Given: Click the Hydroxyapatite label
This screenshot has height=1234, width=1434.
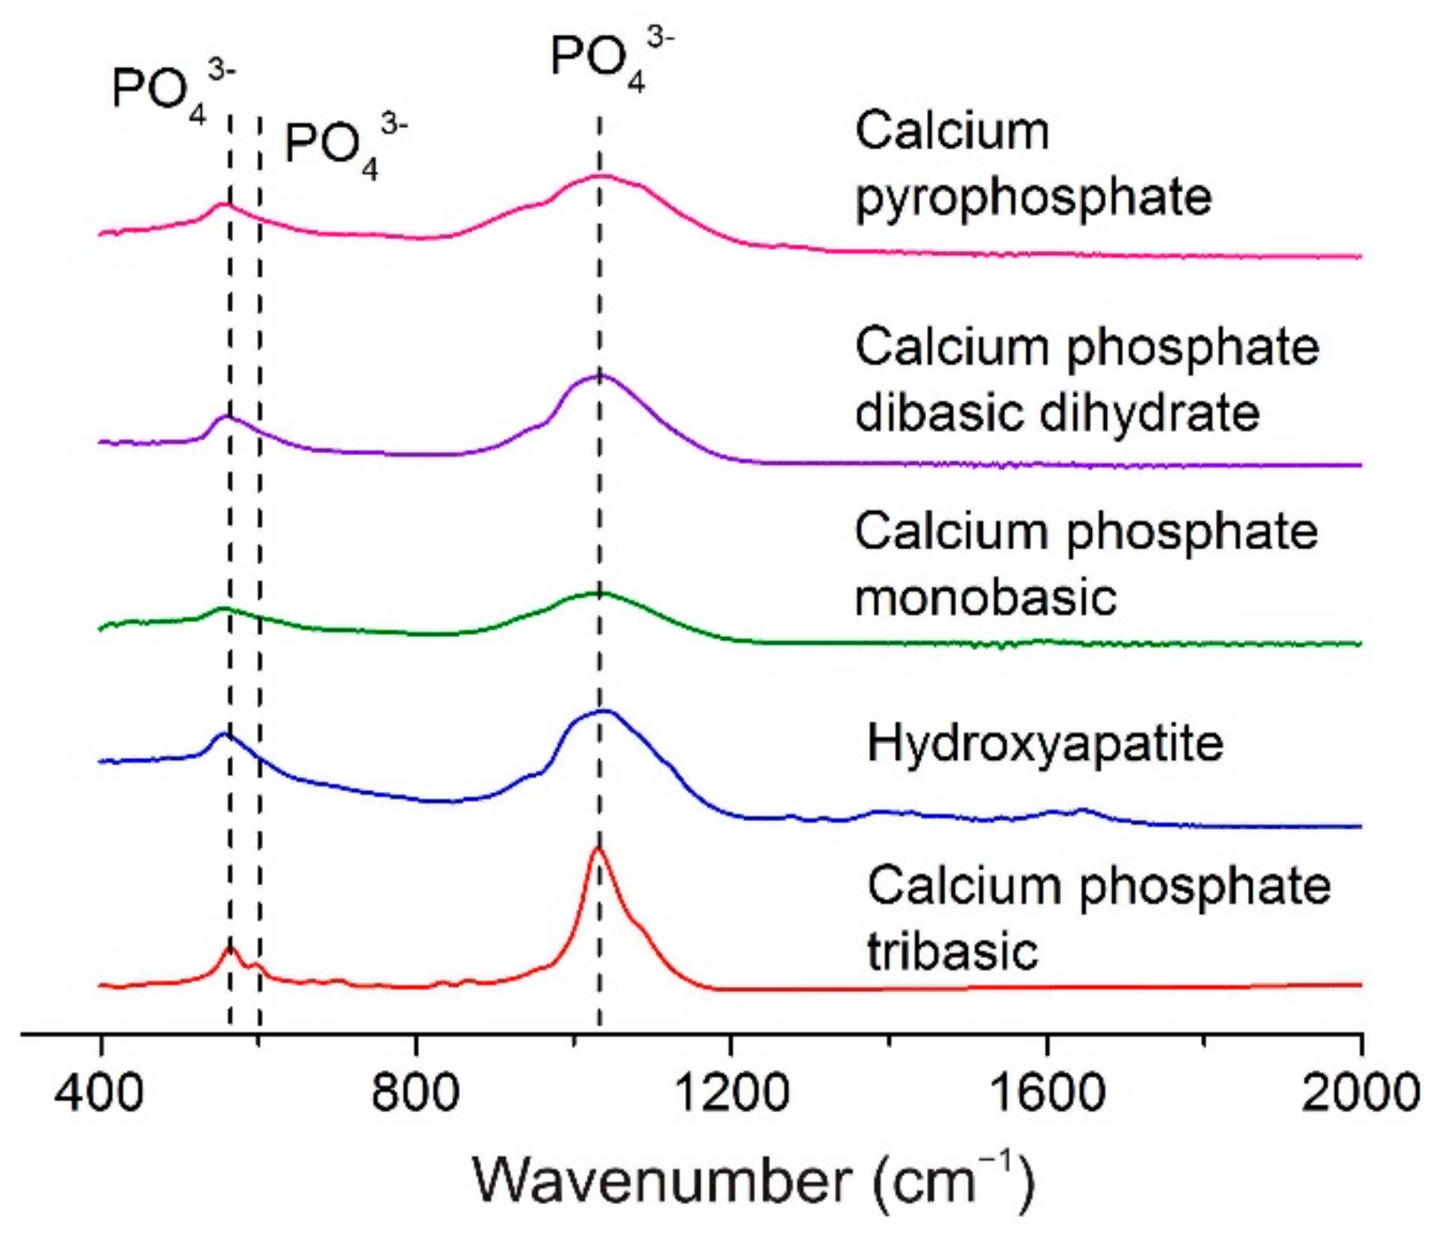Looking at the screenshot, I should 1044,743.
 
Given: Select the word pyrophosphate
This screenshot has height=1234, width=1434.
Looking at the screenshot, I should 1033,196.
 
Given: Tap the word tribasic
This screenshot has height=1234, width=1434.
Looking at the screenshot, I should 952,951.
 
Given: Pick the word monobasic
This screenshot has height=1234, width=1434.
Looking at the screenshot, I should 985,597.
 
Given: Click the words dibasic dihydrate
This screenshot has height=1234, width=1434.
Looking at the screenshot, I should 1056,413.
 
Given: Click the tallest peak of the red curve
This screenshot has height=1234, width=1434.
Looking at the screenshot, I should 598,849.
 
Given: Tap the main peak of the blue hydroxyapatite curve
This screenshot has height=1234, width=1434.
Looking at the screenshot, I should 603,711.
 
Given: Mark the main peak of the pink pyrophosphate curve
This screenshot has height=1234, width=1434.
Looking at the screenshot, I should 600,176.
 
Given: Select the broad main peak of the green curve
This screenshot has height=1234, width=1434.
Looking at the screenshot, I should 599,593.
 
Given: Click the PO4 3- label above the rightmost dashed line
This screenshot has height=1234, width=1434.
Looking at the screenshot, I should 611,61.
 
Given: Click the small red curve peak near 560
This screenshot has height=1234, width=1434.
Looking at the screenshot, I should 229,948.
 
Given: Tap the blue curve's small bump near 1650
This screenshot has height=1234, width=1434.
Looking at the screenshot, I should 1083,809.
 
